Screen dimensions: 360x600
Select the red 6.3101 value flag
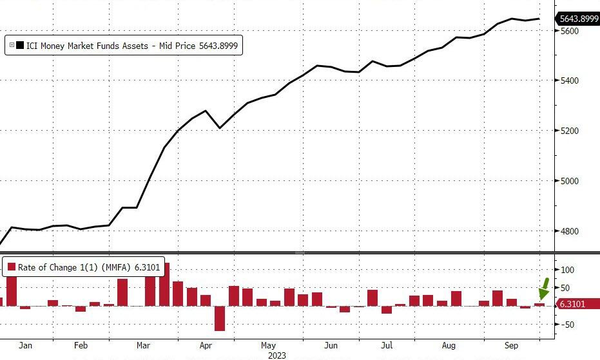(x=572, y=304)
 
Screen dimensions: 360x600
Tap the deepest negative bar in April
(x=220, y=318)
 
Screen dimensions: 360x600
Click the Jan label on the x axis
(x=25, y=346)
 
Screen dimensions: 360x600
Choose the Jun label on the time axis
(x=331, y=346)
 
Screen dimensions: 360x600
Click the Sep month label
(x=511, y=346)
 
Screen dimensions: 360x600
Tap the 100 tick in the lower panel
(x=567, y=270)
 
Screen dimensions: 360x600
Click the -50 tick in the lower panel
(x=567, y=325)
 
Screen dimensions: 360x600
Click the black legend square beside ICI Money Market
(x=21, y=46)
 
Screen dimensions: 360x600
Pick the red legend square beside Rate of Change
(x=11, y=267)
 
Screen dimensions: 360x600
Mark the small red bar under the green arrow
(x=539, y=304)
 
